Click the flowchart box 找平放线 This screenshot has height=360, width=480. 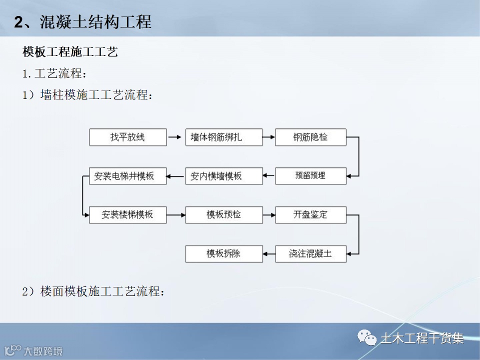point(127,137)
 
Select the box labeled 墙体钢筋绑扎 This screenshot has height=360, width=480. point(224,137)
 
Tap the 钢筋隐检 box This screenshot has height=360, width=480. point(310,137)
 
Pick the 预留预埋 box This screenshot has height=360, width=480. point(310,176)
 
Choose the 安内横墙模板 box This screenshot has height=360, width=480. point(224,176)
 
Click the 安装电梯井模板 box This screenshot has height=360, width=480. point(127,176)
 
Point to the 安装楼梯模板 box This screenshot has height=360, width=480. point(127,215)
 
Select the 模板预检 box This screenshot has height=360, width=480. point(224,215)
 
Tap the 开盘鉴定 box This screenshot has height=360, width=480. point(310,215)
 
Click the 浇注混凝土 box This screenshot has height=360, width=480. point(310,254)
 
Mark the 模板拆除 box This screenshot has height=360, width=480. point(224,254)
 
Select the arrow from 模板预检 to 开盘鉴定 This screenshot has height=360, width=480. point(269,215)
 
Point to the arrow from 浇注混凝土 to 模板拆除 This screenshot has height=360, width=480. point(269,254)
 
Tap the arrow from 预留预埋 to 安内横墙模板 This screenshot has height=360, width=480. point(269,176)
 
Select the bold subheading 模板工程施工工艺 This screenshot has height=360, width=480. point(70,51)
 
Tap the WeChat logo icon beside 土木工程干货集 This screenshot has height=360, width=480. point(367,338)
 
